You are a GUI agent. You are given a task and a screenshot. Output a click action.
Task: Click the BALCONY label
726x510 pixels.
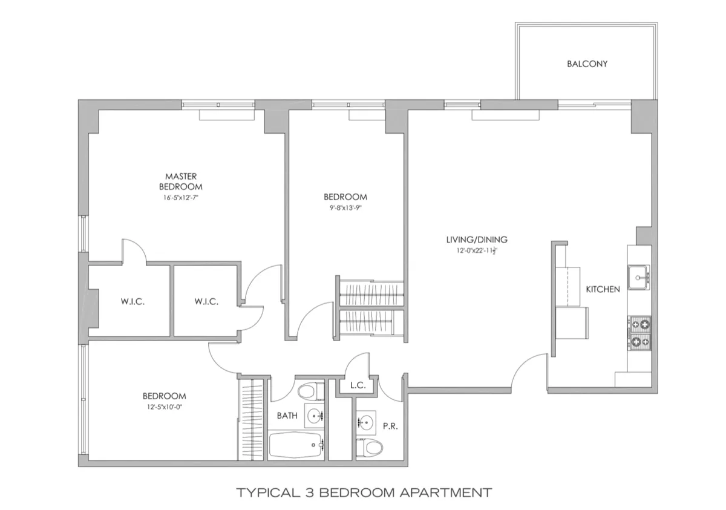[586, 64]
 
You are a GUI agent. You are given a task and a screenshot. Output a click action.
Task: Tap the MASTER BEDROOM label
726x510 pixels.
[180, 181]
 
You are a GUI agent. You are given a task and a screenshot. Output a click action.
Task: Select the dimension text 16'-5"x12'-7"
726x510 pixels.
[180, 197]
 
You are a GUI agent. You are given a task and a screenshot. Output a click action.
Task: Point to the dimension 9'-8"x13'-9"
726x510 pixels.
[345, 208]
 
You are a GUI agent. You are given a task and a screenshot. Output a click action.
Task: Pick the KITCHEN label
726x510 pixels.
[603, 289]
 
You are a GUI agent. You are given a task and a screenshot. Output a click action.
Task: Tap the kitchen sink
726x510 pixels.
[638, 278]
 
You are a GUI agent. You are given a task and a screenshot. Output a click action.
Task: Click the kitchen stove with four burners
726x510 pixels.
[639, 333]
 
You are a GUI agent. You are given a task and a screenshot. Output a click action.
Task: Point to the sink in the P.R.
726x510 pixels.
[365, 422]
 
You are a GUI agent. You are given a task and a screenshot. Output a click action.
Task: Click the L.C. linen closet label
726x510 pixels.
[356, 385]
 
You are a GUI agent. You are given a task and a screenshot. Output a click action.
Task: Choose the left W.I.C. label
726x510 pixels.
[130, 301]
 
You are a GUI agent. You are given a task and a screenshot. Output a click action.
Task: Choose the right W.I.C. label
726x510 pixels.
[206, 301]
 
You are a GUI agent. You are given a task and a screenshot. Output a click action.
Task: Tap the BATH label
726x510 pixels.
[286, 416]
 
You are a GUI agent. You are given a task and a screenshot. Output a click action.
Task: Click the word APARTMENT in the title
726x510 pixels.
[446, 492]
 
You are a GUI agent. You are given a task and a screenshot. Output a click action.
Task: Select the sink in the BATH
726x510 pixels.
[313, 416]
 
